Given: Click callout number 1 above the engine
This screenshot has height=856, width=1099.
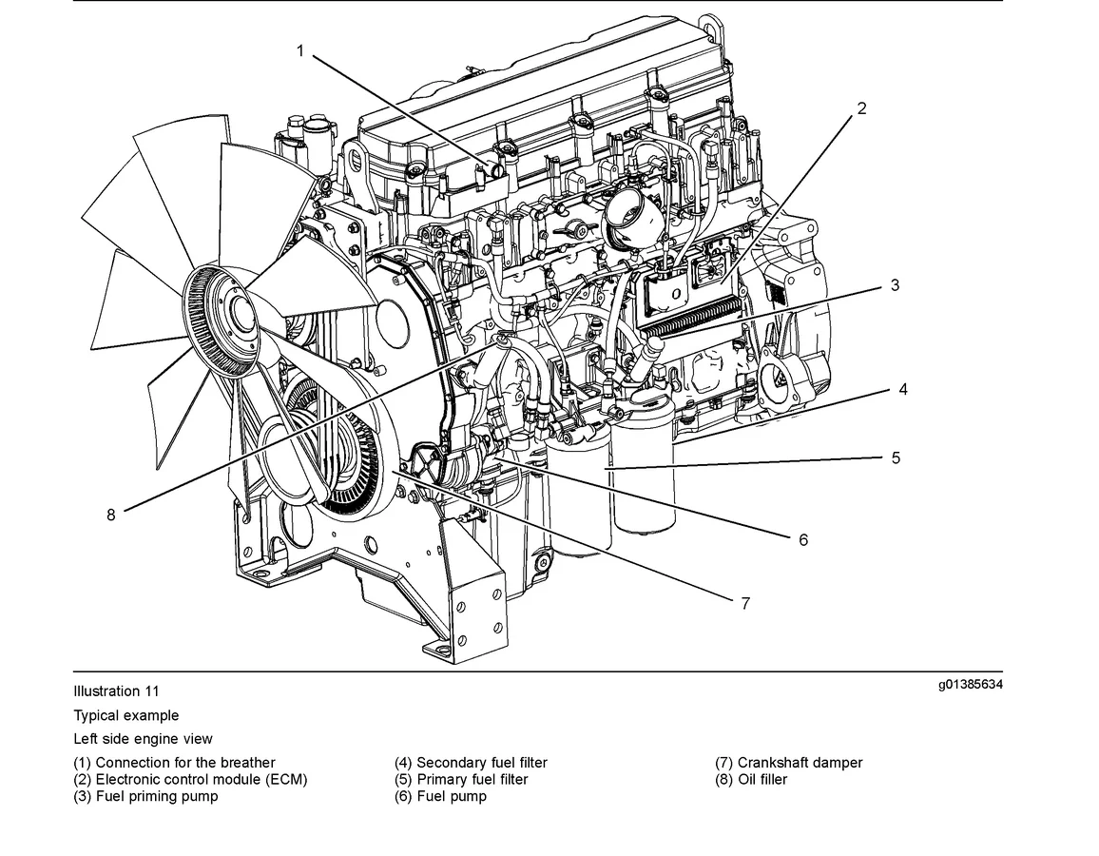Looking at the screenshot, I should pos(300,50).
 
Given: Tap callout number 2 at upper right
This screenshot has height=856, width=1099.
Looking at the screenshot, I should pos(861,108).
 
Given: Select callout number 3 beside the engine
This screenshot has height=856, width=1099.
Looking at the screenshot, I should pos(895,285).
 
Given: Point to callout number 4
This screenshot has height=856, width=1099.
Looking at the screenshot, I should pos(902,389).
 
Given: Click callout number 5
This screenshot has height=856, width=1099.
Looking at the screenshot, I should pos(896,457).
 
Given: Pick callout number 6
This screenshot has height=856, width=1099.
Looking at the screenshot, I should pos(803,539).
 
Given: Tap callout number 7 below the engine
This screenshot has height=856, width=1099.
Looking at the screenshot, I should pos(745,603).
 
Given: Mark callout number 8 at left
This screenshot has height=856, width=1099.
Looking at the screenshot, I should pos(111,515).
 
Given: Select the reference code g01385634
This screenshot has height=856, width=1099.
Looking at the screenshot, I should pos(970,685).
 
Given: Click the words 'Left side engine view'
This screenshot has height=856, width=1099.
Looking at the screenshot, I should pos(143,738).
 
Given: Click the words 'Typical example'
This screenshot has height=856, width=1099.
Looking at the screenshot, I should pos(125,715).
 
